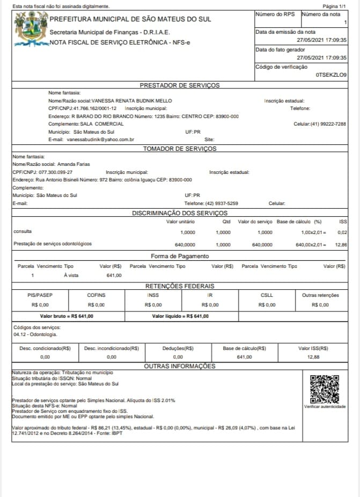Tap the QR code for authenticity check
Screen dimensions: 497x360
tap(325, 389)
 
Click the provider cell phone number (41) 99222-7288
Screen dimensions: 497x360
tap(328, 123)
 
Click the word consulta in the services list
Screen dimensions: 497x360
tap(23, 232)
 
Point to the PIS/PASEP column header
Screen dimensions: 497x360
tap(40, 295)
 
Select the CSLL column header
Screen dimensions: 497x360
tap(267, 295)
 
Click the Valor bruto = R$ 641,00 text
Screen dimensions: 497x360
tap(67, 316)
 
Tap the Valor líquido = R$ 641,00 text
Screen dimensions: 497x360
tap(180, 316)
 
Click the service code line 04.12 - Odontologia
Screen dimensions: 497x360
tap(34, 334)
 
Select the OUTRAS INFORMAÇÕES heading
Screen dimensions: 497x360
tap(180, 366)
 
